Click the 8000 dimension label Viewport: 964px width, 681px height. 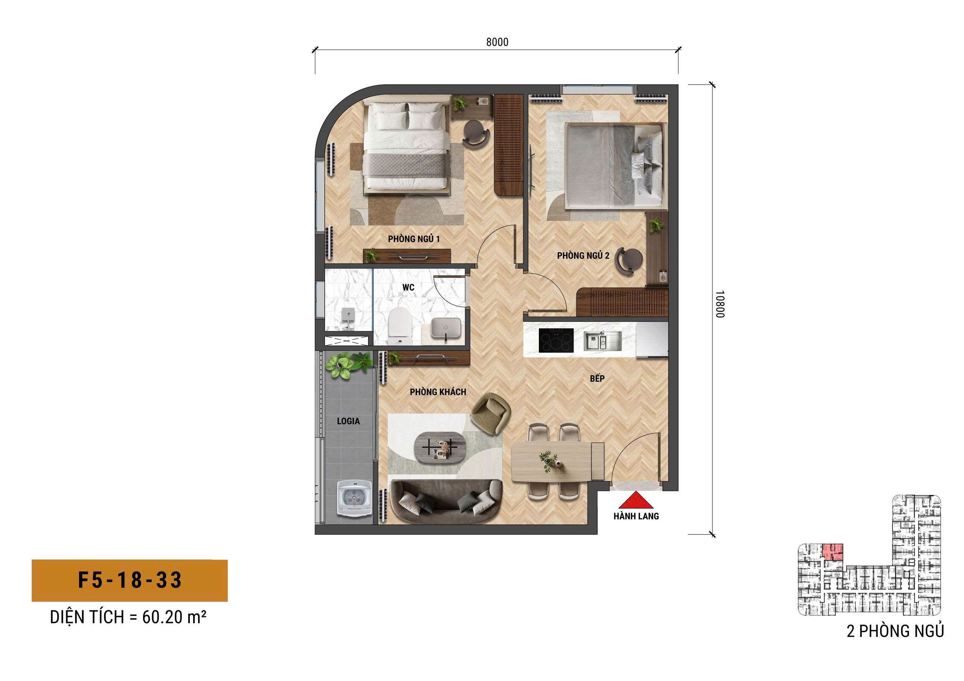coord(497,42)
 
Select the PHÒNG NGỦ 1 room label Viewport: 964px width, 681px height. coord(413,239)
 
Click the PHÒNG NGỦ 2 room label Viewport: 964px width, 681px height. coord(583,255)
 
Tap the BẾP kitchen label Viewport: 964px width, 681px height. coord(597,378)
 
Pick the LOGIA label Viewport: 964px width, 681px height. coord(348,421)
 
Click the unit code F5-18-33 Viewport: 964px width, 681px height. coord(130,580)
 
